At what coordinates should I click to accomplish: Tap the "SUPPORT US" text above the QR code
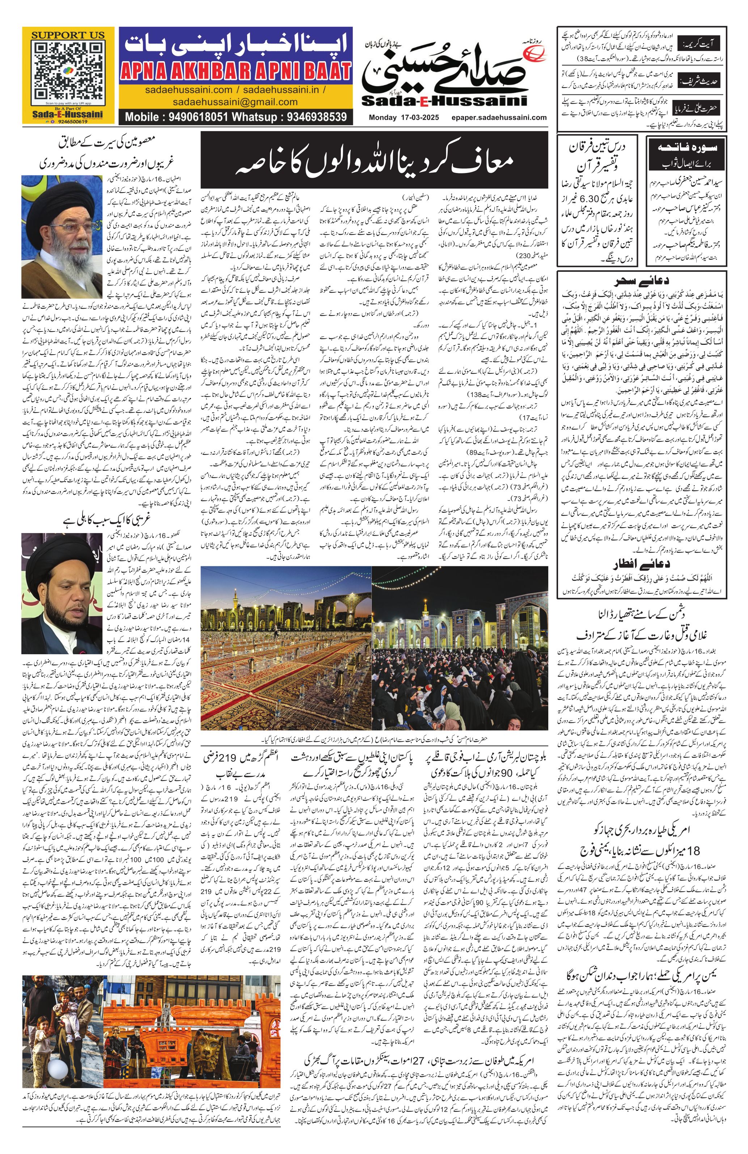68,35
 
